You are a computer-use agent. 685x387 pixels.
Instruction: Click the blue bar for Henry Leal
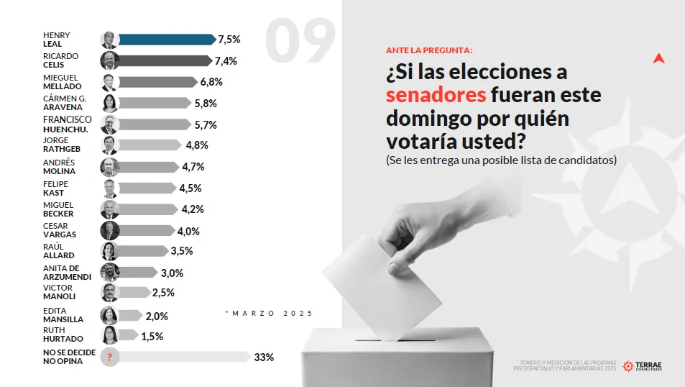pyautogui.click(x=165, y=40)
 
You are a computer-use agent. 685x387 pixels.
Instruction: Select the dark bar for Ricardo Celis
pyautogui.click(x=164, y=61)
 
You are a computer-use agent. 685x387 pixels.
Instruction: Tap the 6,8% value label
pyautogui.click(x=211, y=82)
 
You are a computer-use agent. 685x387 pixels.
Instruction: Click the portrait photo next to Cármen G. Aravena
pyautogui.click(x=109, y=104)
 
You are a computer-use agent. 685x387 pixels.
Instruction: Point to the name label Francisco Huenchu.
pyautogui.click(x=67, y=124)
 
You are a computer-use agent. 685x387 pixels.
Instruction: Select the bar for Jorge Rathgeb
pyautogui.click(x=150, y=145)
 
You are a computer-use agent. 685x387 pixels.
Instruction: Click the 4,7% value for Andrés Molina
pyautogui.click(x=193, y=167)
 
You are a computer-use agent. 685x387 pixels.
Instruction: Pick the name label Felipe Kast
pyautogui.click(x=54, y=188)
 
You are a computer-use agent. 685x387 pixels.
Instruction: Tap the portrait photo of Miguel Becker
pyautogui.click(x=109, y=209)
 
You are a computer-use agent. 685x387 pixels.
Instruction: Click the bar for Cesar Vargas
pyautogui.click(x=147, y=231)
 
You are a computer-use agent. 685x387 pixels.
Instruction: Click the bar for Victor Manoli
pyautogui.click(x=134, y=293)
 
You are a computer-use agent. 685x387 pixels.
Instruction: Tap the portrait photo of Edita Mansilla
pyautogui.click(x=109, y=315)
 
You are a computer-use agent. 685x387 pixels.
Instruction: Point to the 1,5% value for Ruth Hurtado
pyautogui.click(x=152, y=336)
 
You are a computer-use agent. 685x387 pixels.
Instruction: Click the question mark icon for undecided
pyautogui.click(x=109, y=357)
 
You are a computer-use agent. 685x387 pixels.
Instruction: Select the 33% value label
pyautogui.click(x=264, y=357)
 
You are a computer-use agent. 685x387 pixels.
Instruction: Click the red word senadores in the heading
pyautogui.click(x=436, y=95)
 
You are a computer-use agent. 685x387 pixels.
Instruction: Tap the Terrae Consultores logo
pyautogui.click(x=643, y=366)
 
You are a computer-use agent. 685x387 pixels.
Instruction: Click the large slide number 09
pyautogui.click(x=300, y=41)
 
